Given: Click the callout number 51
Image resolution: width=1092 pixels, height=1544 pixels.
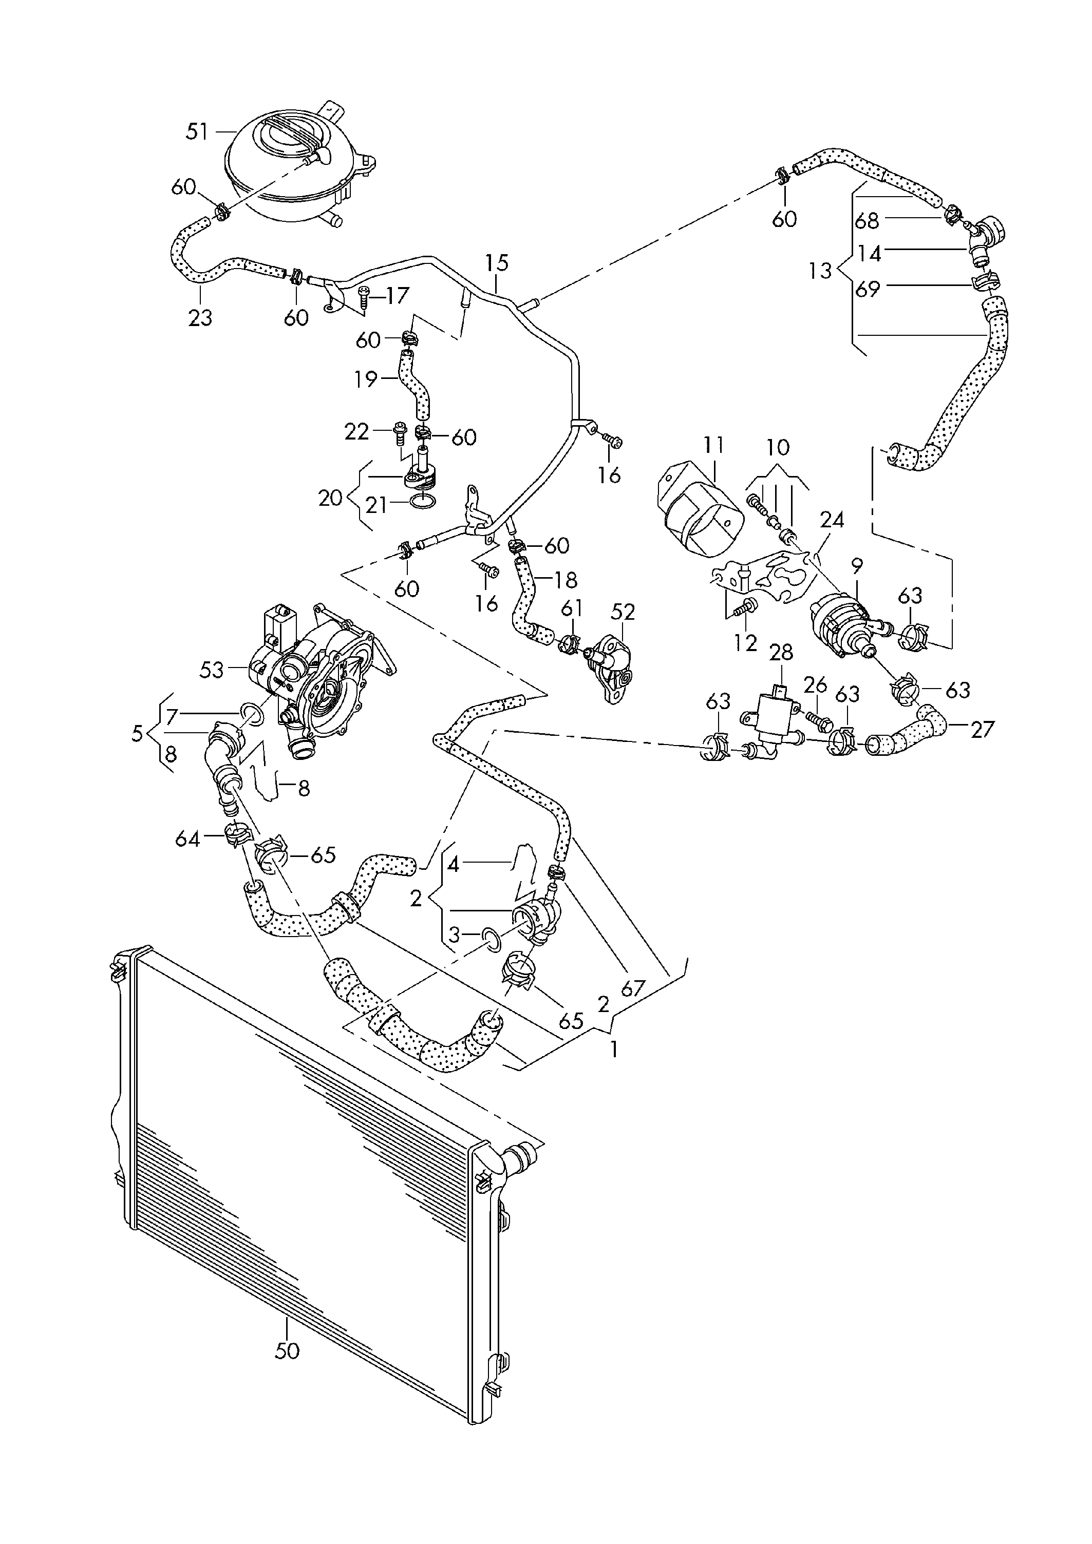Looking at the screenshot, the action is click(x=198, y=132).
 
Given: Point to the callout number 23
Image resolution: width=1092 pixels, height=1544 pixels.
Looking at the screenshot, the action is click(x=200, y=317).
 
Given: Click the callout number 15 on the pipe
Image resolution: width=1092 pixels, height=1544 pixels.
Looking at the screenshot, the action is click(x=497, y=262).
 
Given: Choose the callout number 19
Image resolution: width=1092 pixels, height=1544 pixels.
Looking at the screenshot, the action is click(x=366, y=379).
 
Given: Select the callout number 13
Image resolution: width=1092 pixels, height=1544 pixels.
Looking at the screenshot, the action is click(x=821, y=271).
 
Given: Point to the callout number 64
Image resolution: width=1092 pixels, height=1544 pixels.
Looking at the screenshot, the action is click(x=187, y=839).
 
